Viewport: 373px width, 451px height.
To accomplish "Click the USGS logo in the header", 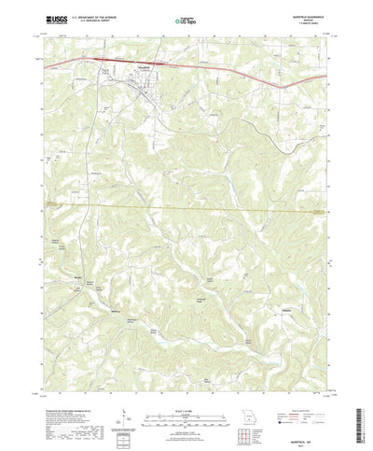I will (55, 18).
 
